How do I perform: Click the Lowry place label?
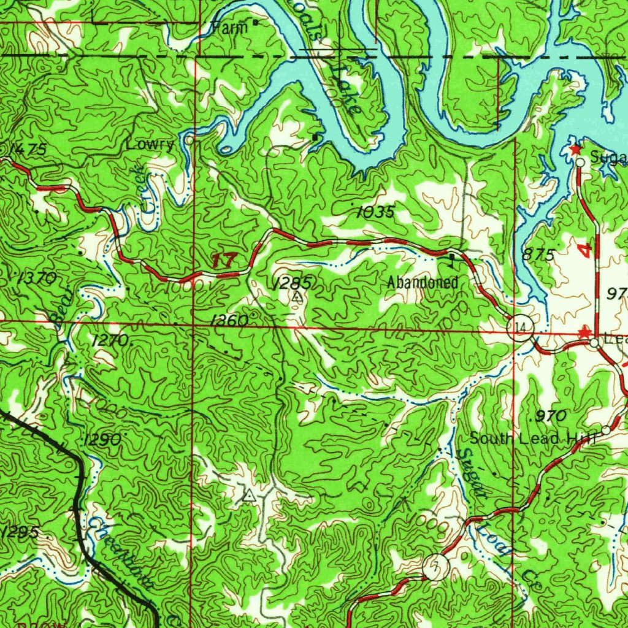tap(150, 145)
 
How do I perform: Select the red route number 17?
tap(223, 260)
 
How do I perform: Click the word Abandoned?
tap(423, 283)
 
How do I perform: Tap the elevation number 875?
tap(538, 255)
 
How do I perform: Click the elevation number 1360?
tap(228, 321)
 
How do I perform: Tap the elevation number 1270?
tap(109, 340)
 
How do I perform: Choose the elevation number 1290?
tap(102, 440)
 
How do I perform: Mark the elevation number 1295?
tap(20, 532)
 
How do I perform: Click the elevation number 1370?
tap(37, 278)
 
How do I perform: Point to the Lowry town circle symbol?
tap(190, 140)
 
